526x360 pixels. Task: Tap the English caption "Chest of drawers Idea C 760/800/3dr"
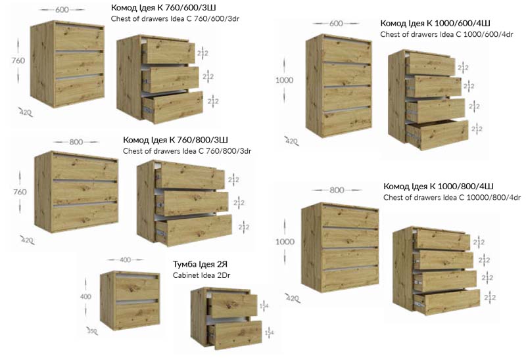(187, 151)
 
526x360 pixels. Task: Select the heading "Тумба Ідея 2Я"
(200, 264)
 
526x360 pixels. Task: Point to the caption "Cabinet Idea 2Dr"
(202, 275)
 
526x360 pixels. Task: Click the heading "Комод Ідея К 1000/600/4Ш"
(435, 23)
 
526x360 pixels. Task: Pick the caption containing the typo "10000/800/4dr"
(452, 198)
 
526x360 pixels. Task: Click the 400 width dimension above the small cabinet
(125, 259)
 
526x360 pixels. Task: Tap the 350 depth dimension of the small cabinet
(92, 331)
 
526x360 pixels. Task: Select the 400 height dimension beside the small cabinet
(85, 296)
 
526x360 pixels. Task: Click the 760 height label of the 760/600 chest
(18, 60)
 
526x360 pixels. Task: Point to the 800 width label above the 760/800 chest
(76, 142)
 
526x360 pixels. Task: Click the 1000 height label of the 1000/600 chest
(284, 80)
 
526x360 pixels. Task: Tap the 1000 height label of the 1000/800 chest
(285, 242)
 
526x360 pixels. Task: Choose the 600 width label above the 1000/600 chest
(336, 24)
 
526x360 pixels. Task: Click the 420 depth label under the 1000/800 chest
(292, 298)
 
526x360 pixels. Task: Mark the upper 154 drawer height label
(264, 305)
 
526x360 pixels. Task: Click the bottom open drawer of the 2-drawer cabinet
(235, 334)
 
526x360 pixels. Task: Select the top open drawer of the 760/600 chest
(168, 51)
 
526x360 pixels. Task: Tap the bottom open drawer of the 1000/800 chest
(447, 302)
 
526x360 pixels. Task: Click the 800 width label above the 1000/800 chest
(337, 190)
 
